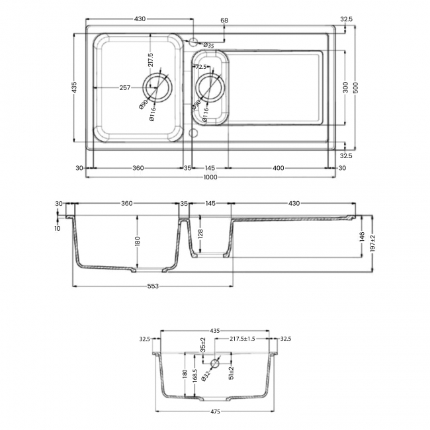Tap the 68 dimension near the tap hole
[x=224, y=21]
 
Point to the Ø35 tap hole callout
[x=208, y=45]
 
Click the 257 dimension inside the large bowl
[x=123, y=87]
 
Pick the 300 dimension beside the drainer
[x=345, y=88]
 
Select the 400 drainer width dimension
[x=278, y=168]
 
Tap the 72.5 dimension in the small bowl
[x=202, y=67]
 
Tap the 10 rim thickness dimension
[x=58, y=228]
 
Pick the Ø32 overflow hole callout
[x=206, y=375]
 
